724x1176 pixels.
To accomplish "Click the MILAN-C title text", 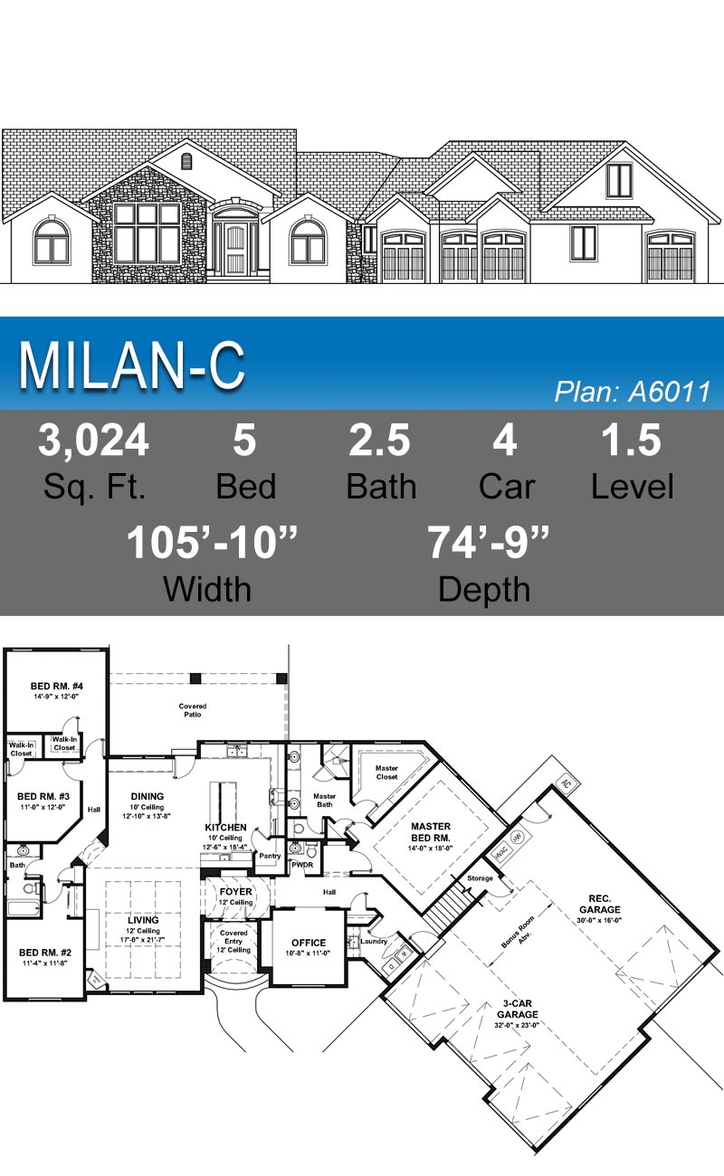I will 132,365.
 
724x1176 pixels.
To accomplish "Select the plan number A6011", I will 632,392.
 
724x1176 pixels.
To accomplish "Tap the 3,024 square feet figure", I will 93,441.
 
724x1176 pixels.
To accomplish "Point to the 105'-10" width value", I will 212,544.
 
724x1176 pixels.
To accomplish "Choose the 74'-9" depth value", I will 488,544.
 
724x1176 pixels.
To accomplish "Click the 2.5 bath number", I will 379,441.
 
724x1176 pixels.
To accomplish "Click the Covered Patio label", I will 192,710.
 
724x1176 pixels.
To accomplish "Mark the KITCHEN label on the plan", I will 225,827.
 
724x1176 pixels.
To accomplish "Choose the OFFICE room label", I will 309,943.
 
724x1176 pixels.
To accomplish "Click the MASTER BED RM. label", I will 431,831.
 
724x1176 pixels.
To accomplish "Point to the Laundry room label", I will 375,941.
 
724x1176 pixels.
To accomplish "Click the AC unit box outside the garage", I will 565,782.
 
